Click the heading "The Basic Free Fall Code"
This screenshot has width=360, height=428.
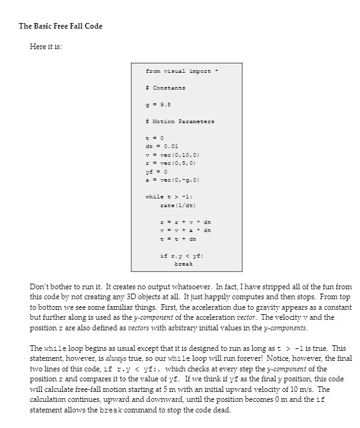click(60, 26)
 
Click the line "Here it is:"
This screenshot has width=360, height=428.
click(46, 47)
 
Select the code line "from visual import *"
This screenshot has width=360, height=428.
click(178, 71)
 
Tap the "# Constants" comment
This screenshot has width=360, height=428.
click(165, 88)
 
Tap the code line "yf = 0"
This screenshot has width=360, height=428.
click(154, 169)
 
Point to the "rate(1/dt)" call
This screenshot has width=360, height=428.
click(177, 205)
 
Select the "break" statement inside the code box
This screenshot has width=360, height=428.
click(183, 264)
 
